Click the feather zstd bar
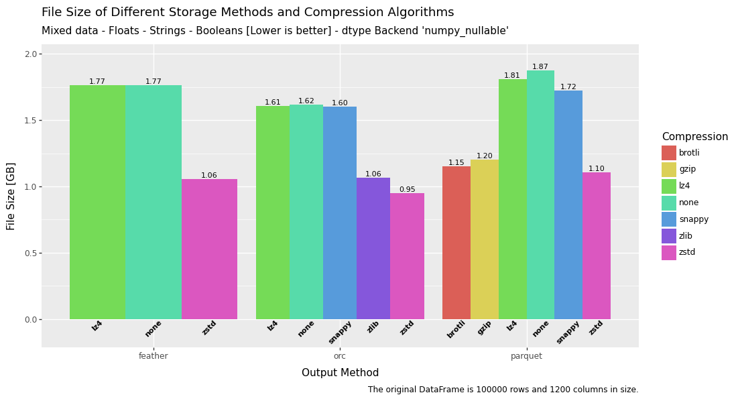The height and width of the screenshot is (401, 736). tap(209, 249)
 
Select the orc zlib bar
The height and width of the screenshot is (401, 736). tap(373, 248)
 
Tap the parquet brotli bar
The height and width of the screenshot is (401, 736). tap(456, 243)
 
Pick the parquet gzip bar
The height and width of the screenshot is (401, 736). tap(484, 239)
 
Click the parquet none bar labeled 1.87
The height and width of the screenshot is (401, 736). tap(540, 194)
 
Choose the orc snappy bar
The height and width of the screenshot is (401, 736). tap(340, 213)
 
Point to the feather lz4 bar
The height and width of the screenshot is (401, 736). tap(97, 202)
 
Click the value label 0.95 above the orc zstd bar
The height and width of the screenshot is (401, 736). tap(407, 190)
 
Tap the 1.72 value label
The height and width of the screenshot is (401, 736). tap(568, 87)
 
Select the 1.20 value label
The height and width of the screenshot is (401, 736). tap(484, 156)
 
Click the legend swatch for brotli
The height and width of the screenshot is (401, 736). tap(668, 153)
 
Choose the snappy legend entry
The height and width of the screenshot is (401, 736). tap(693, 219)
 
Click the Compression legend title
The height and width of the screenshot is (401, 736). tap(694, 137)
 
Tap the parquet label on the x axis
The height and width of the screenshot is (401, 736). tap(526, 356)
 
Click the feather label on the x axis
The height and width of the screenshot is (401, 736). tap(154, 356)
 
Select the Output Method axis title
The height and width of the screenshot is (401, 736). tap(340, 373)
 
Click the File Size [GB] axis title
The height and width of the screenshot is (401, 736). tap(11, 196)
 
